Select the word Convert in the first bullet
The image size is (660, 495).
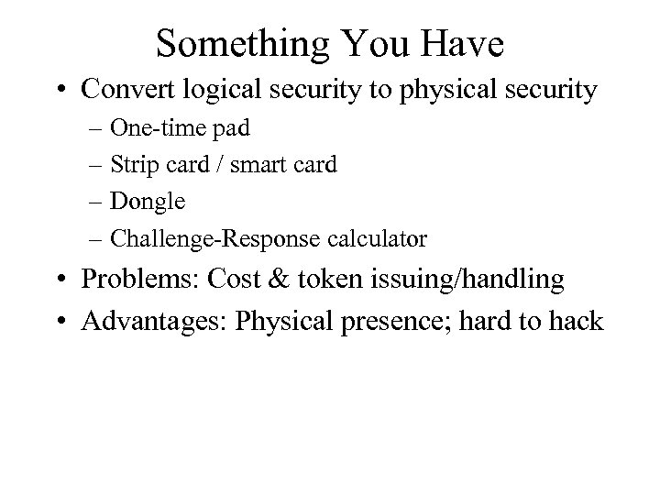(x=126, y=90)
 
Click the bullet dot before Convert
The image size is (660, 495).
(x=62, y=91)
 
